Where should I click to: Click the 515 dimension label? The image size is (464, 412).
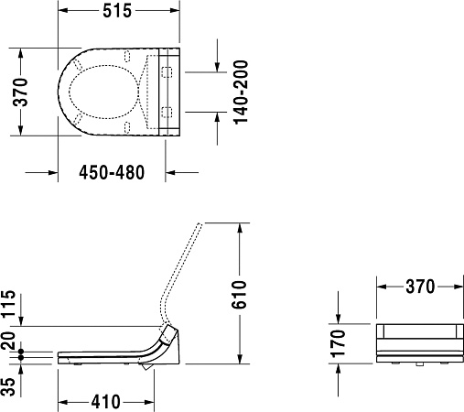[x=116, y=11]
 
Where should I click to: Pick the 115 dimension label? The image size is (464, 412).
[x=10, y=302]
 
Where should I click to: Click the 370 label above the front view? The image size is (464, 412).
[x=420, y=287]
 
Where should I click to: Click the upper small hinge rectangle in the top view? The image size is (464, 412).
[x=167, y=70]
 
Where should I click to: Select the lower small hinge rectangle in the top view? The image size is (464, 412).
[x=167, y=112]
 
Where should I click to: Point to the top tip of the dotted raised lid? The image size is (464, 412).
[x=200, y=224]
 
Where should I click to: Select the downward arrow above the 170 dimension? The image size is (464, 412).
[x=339, y=318]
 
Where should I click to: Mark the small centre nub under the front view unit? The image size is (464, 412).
[x=418, y=365]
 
